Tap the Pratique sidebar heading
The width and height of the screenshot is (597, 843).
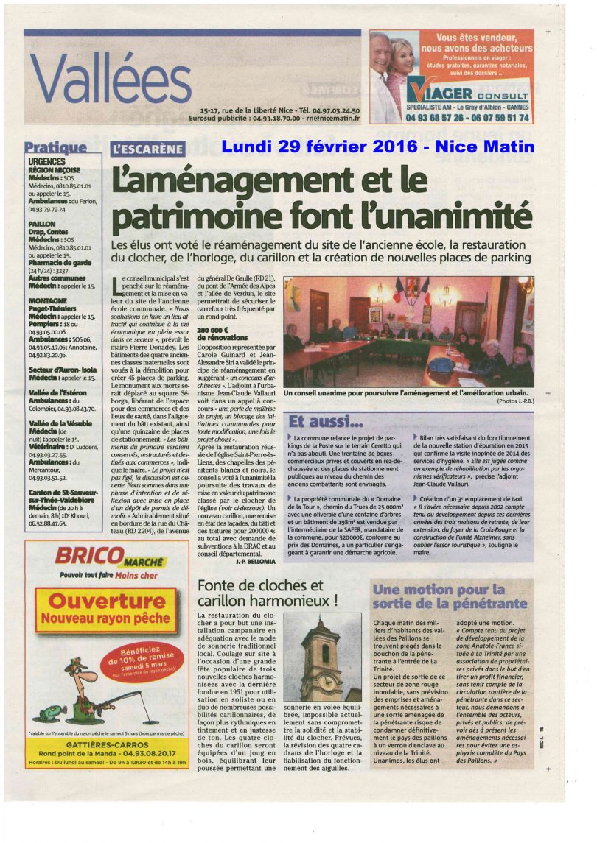pos(55,148)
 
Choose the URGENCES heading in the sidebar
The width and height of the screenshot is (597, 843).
pos(47,161)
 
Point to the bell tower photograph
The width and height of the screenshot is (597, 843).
pos(321,660)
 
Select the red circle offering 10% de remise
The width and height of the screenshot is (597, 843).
pos(141,659)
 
